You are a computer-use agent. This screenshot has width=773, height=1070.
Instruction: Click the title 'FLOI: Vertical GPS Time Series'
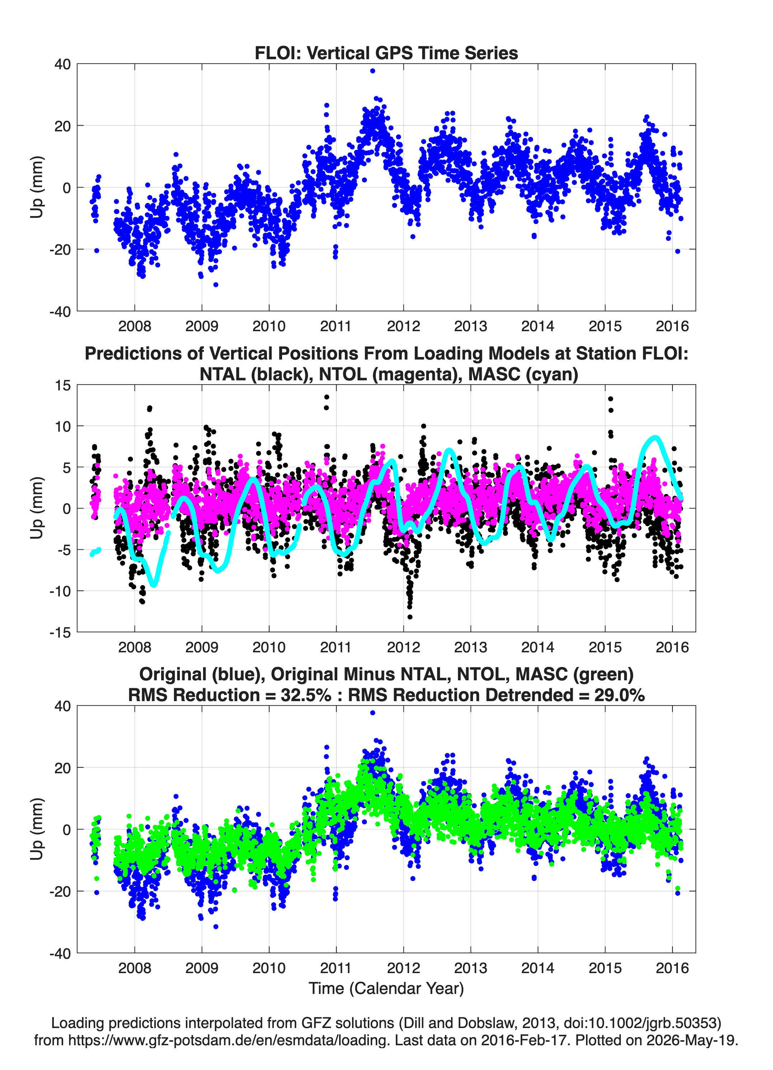click(x=386, y=53)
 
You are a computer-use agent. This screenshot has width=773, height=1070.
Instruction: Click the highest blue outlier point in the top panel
click(x=373, y=71)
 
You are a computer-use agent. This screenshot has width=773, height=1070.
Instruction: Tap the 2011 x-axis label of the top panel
click(x=336, y=326)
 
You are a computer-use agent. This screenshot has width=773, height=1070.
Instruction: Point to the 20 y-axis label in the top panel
click(x=63, y=126)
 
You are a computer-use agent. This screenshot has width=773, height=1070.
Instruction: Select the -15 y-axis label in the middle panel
click(x=60, y=632)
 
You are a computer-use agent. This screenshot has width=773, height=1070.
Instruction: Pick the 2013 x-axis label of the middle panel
click(x=470, y=647)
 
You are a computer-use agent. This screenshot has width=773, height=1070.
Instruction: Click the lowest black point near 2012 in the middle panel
click(x=409, y=616)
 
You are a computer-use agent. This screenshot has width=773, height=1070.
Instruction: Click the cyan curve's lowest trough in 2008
click(x=154, y=585)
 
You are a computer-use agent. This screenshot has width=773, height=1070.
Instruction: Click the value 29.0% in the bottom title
click(x=620, y=695)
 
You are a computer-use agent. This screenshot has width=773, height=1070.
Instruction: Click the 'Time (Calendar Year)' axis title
click(x=386, y=988)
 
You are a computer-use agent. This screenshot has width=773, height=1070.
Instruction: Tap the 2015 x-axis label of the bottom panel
click(x=605, y=968)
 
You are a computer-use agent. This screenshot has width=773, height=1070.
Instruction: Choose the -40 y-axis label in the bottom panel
click(x=60, y=953)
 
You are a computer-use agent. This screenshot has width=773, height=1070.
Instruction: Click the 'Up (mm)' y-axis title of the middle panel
click(x=37, y=508)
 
